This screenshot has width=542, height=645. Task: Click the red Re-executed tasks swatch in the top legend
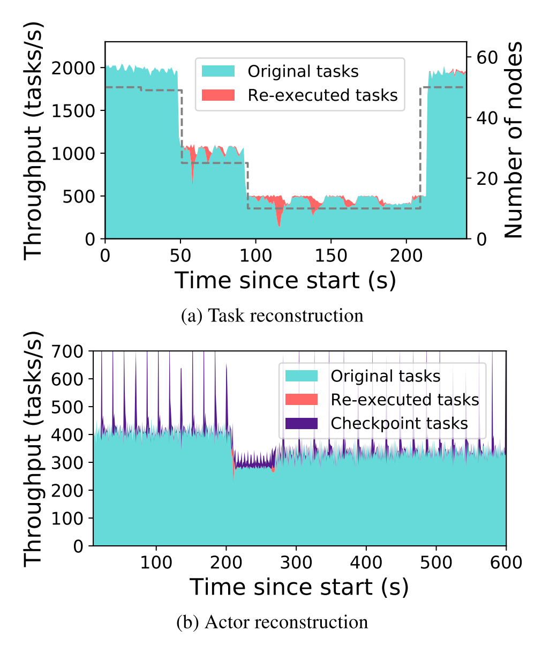point(218,95)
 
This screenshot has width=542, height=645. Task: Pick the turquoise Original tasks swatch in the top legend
point(218,71)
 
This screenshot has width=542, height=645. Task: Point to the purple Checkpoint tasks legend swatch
point(302,423)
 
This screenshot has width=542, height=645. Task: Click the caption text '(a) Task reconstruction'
point(272,316)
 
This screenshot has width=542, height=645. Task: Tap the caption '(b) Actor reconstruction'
point(272,622)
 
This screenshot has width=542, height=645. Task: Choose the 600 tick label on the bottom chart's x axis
point(506,562)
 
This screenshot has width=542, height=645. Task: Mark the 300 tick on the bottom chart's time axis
point(296,562)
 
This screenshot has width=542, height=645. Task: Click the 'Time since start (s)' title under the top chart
point(285,280)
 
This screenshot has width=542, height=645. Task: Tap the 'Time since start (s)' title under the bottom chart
point(299,587)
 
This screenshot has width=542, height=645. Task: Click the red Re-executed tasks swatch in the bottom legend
point(302,400)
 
